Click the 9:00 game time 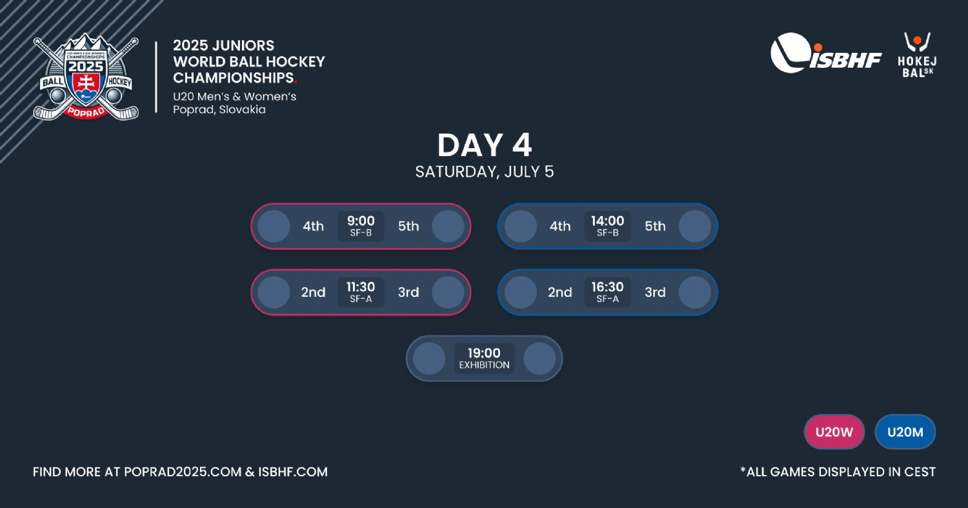click(x=361, y=221)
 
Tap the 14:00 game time click(x=608, y=221)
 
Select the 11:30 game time click(x=361, y=287)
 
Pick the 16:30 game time click(x=608, y=287)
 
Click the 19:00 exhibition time click(x=484, y=353)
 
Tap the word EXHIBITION click(x=484, y=365)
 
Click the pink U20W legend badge click(x=834, y=432)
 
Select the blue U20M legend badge click(x=905, y=432)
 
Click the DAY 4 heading click(x=485, y=145)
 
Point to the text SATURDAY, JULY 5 click(x=485, y=172)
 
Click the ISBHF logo click(x=826, y=54)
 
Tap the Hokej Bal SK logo click(x=917, y=56)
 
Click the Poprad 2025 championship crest click(x=86, y=77)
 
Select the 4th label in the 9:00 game click(x=313, y=226)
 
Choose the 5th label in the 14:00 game click(x=655, y=226)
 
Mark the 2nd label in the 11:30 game click(x=313, y=292)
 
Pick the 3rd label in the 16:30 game click(x=655, y=292)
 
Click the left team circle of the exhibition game click(x=429, y=358)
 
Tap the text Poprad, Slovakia click(x=219, y=109)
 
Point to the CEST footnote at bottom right click(x=838, y=472)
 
